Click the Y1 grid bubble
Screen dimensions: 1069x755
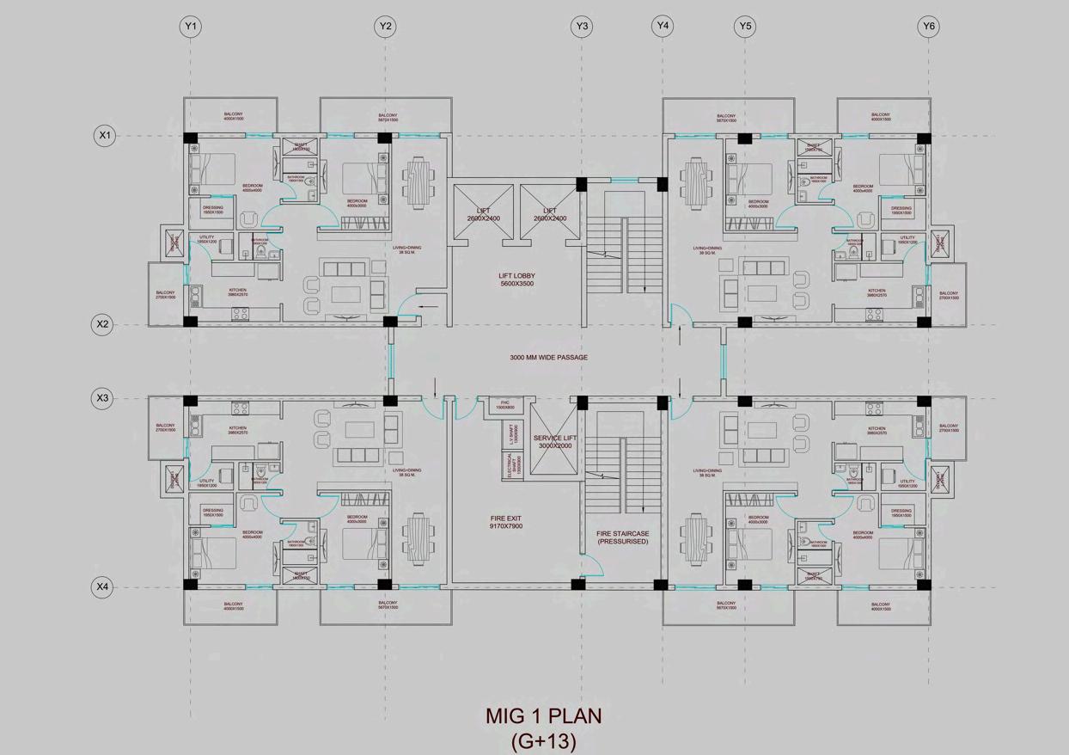tap(191, 27)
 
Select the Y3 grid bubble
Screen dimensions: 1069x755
tap(582, 27)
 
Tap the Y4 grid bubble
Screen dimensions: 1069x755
tap(662, 26)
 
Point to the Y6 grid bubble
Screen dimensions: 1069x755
tap(928, 27)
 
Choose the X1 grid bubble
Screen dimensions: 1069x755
tap(105, 136)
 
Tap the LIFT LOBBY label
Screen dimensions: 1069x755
tap(517, 276)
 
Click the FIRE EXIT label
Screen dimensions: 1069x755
tap(505, 517)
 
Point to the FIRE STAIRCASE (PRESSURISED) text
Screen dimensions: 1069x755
tap(623, 537)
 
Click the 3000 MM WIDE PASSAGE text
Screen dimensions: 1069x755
tap(548, 358)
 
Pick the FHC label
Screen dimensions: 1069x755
tap(505, 402)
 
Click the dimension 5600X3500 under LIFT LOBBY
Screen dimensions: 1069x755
tap(517, 284)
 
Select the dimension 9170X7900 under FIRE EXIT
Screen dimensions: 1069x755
tap(505, 526)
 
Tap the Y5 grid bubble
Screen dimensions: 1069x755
tap(744, 27)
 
